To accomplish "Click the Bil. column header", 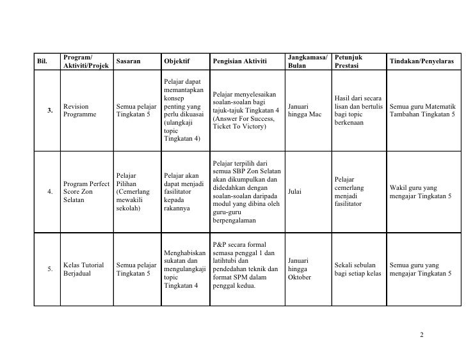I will click(x=43, y=61).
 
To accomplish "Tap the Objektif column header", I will click(x=177, y=61).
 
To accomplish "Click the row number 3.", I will click(x=51, y=110).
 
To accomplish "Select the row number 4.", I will click(x=51, y=191).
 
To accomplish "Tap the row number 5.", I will click(x=51, y=269).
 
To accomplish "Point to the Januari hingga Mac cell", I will click(x=305, y=110).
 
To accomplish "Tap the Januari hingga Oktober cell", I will click(x=300, y=269).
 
